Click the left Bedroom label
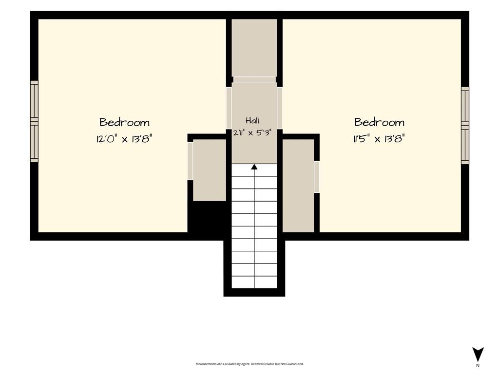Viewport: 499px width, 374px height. tap(124, 122)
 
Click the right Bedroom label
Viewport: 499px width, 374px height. tap(379, 122)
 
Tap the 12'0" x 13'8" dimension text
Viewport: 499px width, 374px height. tap(124, 139)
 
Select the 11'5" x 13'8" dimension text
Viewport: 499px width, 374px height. tap(379, 139)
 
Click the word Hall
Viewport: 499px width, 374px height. tap(252, 120)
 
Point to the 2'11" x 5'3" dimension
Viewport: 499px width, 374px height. tap(252, 132)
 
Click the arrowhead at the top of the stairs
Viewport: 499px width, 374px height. tap(254, 167)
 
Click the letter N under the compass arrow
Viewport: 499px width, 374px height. tap(478, 365)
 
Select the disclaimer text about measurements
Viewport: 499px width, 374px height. tap(249, 364)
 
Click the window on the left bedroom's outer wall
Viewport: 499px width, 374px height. tap(34, 121)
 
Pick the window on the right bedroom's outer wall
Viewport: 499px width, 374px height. tap(465, 126)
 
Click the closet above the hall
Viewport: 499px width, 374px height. tap(254, 48)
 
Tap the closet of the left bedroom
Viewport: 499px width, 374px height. tap(210, 170)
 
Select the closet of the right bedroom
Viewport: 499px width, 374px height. tap(298, 186)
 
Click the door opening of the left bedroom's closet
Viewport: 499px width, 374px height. tap(191, 161)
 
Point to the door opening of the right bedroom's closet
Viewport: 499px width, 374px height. tap(317, 177)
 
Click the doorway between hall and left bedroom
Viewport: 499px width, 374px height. tap(229, 108)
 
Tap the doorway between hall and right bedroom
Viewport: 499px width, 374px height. tap(280, 108)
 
